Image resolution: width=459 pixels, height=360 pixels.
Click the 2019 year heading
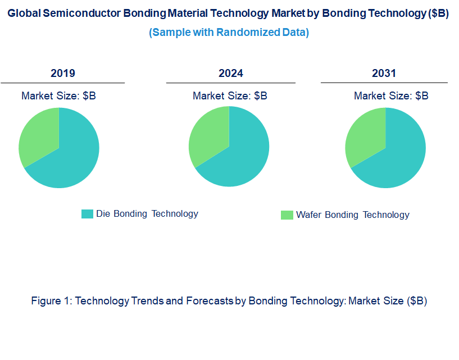(x=63, y=73)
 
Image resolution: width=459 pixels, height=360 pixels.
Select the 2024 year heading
(x=231, y=73)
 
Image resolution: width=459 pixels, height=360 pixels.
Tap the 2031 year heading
(x=384, y=73)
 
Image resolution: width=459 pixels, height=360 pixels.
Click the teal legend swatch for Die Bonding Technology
(x=87, y=214)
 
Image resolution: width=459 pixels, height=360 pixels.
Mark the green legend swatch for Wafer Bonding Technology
(x=287, y=215)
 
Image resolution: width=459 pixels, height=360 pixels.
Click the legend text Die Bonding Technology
(x=147, y=213)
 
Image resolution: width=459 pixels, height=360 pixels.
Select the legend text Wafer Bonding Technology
(x=353, y=215)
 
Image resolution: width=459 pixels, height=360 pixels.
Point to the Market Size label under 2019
(x=58, y=95)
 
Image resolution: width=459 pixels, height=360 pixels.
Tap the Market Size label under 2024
(x=230, y=95)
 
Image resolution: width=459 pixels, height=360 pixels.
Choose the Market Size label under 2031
(x=391, y=95)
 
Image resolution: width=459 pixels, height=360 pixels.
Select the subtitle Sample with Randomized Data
(x=229, y=32)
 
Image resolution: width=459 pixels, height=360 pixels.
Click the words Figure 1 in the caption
(x=51, y=300)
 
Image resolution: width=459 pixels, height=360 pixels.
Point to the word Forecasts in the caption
(x=208, y=300)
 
